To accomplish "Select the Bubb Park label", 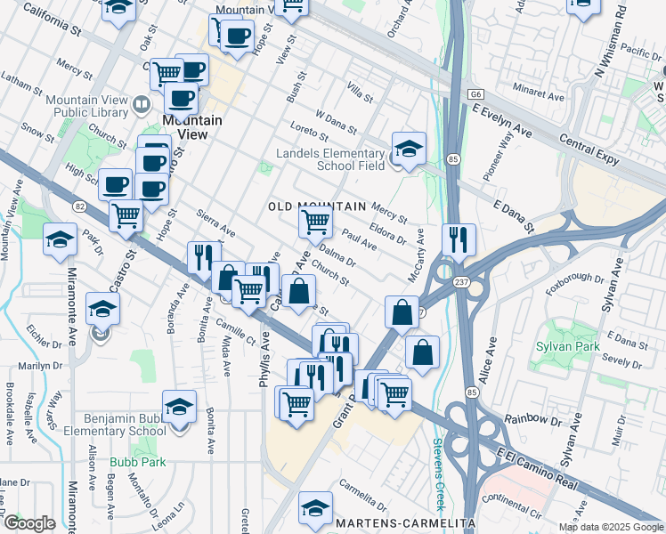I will pyautogui.click(x=131, y=462).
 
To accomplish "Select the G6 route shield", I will pyautogui.click(x=477, y=93).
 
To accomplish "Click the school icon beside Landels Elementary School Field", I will pyautogui.click(x=409, y=149).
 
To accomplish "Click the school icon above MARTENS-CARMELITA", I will pyautogui.click(x=315, y=507).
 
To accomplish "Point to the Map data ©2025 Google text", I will pyautogui.click(x=611, y=527).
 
